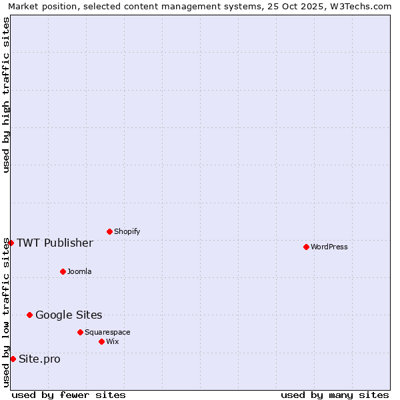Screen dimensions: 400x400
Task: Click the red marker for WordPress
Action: coord(306,247)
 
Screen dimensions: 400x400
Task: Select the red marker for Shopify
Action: coord(109,231)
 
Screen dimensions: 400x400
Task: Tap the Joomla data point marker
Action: coord(63,271)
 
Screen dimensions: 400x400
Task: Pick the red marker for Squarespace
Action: coord(80,332)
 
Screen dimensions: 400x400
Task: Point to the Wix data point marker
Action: coord(101,341)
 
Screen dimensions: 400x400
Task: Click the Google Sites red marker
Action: coord(29,315)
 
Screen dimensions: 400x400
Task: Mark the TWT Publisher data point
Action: coord(11,243)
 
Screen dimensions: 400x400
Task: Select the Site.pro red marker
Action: coord(13,359)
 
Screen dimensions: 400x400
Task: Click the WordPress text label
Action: coord(329,247)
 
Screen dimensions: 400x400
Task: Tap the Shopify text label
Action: coord(127,231)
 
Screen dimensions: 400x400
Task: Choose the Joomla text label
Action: coord(79,271)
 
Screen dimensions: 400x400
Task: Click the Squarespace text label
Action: coord(107,332)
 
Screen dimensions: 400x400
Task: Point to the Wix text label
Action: coord(112,341)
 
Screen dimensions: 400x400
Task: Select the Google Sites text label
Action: coord(69,315)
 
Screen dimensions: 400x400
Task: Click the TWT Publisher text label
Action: coord(55,243)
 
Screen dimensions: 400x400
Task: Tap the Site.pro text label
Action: coord(39,359)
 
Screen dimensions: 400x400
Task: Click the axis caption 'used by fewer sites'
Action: coord(69,395)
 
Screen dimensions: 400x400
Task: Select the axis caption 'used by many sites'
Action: coord(335,395)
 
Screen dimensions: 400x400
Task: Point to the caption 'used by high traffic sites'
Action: coord(6,95)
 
